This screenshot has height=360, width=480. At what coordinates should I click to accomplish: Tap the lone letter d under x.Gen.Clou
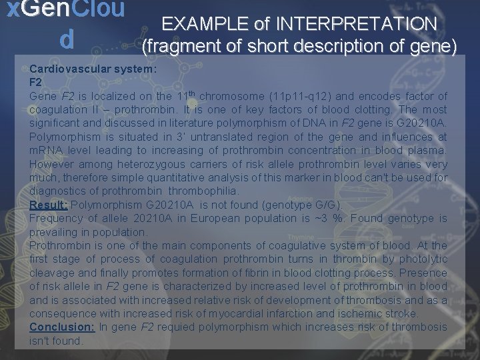[66, 41]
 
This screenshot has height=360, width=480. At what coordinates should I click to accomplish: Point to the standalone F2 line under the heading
[35, 83]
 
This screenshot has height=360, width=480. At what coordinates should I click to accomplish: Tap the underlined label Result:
[48, 205]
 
